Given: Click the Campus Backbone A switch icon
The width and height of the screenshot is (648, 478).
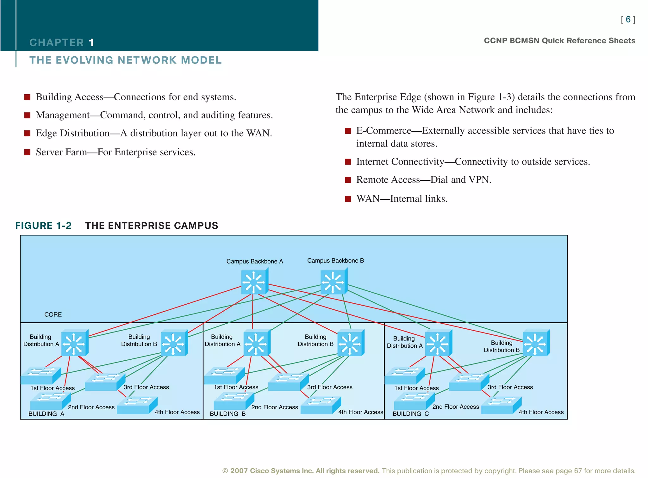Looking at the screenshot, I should (x=254, y=281).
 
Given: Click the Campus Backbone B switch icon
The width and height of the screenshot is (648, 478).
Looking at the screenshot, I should (x=334, y=281).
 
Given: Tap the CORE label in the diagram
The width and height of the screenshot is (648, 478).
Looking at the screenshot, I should (x=53, y=314).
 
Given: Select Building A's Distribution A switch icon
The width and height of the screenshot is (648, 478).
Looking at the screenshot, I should (x=75, y=343).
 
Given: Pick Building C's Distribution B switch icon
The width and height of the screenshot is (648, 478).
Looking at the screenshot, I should (x=536, y=343).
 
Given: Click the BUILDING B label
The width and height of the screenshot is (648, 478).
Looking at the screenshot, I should (x=227, y=414).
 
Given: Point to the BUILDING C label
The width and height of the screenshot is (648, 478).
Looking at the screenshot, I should (x=410, y=414).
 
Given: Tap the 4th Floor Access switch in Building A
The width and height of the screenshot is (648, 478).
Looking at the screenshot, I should (x=137, y=406).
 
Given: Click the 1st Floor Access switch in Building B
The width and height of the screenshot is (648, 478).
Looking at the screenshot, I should (x=224, y=376).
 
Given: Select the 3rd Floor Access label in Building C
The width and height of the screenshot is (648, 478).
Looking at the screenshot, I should (x=510, y=387).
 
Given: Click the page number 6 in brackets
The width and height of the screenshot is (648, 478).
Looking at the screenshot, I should (x=628, y=20).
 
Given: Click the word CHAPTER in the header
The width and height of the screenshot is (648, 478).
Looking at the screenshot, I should (x=57, y=42).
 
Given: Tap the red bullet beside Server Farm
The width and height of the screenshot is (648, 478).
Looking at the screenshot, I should (x=28, y=152).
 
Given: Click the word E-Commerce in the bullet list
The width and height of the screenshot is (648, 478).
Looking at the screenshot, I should (x=383, y=131).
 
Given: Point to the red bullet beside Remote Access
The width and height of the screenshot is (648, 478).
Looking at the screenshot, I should (x=348, y=180).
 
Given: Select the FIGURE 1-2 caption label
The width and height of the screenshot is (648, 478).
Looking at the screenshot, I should (x=43, y=226).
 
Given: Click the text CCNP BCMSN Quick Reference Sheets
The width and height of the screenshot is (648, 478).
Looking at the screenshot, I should (x=559, y=41).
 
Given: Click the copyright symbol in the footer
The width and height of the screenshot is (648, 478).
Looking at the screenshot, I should (x=225, y=471).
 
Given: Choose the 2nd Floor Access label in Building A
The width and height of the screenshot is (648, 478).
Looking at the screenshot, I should (x=91, y=407).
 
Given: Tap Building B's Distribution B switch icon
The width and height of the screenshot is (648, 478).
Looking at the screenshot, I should (x=351, y=343).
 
